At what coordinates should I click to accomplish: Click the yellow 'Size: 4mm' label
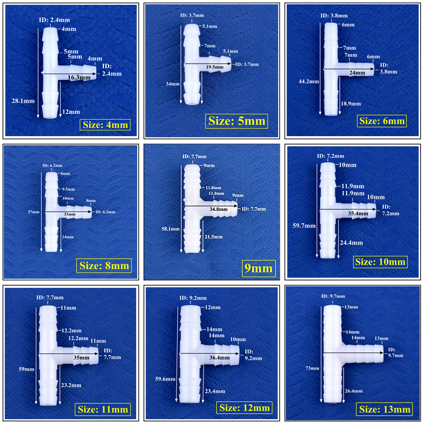point(105,125)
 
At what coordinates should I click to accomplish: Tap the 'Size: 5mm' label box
point(236,121)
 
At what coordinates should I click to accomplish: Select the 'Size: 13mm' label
point(385,409)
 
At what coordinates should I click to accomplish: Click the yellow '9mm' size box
point(259,268)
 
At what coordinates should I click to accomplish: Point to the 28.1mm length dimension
point(23,101)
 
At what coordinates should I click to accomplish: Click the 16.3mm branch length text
point(79,77)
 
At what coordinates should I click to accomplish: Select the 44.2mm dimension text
point(309,81)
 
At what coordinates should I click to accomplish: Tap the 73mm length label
point(312,368)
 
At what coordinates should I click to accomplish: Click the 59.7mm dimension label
point(304,226)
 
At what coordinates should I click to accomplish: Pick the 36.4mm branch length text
point(219,357)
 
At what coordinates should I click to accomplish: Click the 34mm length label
point(173,84)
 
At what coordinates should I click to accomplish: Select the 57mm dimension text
point(33,211)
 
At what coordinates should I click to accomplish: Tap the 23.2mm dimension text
point(71,385)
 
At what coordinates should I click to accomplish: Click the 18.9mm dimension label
point(351,103)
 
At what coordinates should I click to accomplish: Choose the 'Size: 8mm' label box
point(104,266)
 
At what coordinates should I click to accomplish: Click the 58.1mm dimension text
point(171,229)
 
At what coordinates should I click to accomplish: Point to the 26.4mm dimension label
point(354,391)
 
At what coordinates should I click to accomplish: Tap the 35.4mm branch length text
point(358,214)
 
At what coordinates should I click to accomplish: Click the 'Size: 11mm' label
point(103,409)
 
